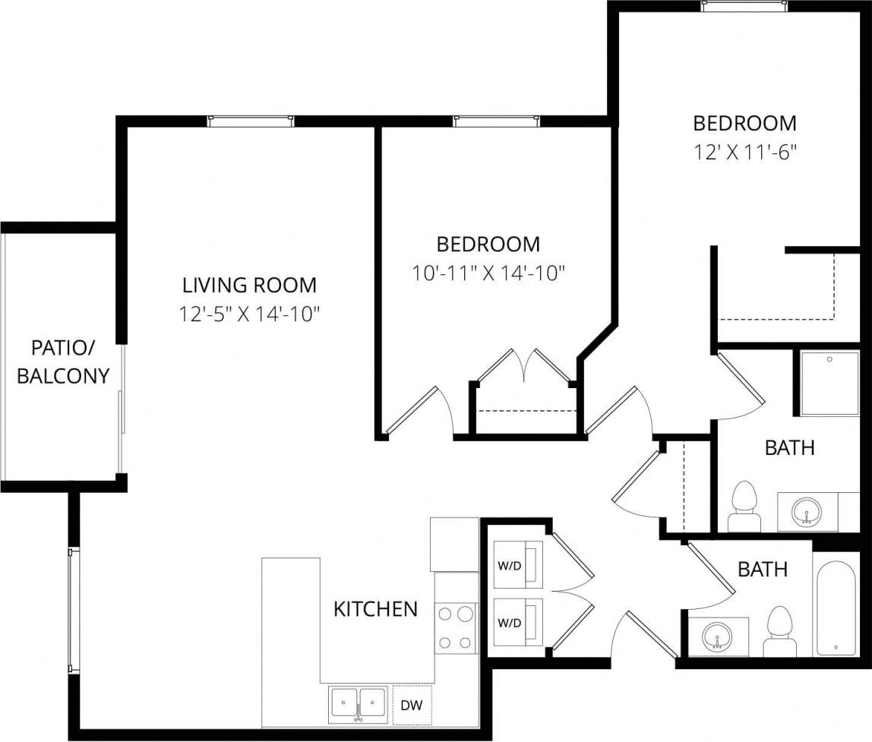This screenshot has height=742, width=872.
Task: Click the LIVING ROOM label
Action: coord(249,286)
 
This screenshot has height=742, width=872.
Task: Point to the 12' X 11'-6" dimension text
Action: coord(744,151)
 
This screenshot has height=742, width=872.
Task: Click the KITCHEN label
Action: coord(375,608)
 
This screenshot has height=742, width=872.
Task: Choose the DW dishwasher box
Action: coord(412,706)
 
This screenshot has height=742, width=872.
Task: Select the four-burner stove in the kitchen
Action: coord(456,627)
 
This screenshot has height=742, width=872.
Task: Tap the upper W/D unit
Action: coord(518,565)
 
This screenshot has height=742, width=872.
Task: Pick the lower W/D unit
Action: coord(518,623)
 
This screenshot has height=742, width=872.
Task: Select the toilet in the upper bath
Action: coord(744,507)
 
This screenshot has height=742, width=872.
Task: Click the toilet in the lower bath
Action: coord(779,631)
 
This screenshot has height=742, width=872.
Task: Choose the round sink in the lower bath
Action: coord(717,636)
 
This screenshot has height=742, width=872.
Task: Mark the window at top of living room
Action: coord(250,121)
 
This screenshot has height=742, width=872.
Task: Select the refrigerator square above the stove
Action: coord(454,544)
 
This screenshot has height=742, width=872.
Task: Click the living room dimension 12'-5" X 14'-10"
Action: coord(249,314)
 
